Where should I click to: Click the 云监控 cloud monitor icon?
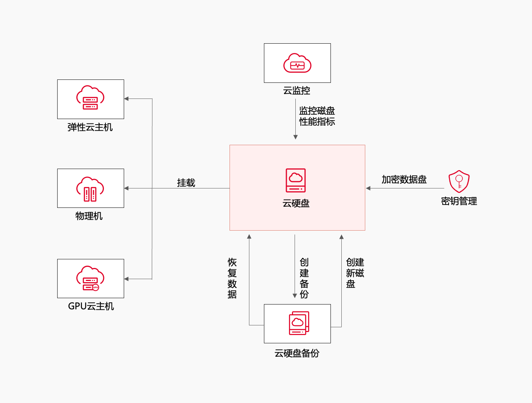click(297, 63)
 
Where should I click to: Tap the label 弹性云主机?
click(90, 127)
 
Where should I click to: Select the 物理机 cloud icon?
click(90, 189)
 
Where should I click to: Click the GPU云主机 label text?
click(91, 306)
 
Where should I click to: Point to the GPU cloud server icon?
click(90, 278)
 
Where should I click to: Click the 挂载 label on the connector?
click(186, 183)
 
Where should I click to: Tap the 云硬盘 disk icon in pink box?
click(296, 180)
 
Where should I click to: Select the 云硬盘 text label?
click(296, 203)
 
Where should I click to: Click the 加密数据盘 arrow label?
click(404, 179)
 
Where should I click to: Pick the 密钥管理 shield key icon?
click(459, 181)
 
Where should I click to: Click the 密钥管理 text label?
click(459, 201)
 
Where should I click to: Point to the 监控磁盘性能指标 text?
click(317, 116)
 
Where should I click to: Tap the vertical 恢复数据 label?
click(232, 278)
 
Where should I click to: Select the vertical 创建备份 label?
click(304, 278)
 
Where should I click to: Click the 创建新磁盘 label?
click(355, 273)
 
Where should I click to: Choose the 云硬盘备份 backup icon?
click(299, 323)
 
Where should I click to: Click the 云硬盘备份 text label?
click(297, 353)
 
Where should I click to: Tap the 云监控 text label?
click(297, 91)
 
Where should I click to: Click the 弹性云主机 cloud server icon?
click(90, 98)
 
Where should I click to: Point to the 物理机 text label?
click(89, 216)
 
